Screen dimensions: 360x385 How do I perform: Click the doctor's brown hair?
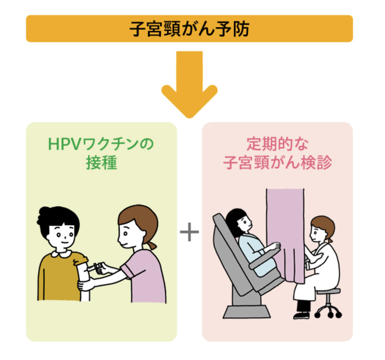[x=323, y=224]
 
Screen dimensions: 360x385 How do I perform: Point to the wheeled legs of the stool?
[x=328, y=310]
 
